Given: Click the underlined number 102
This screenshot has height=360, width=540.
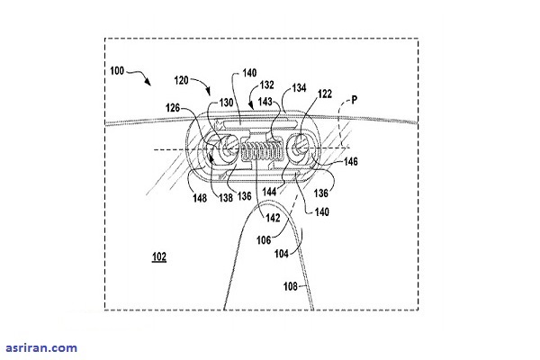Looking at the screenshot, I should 158,256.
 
